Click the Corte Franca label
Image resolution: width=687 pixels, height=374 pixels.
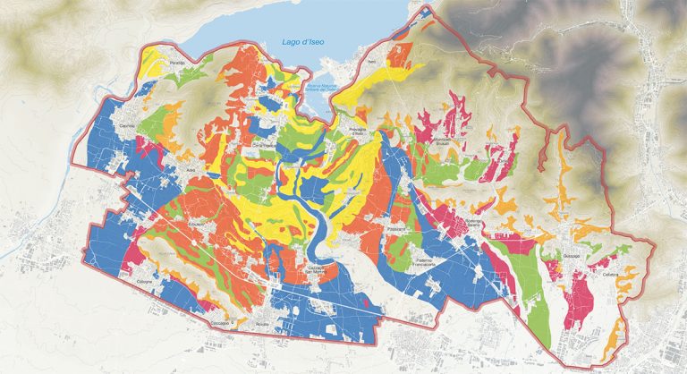237,145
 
